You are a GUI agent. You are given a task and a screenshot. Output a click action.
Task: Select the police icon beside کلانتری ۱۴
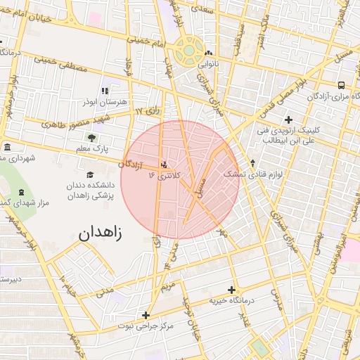click(x=165, y=164)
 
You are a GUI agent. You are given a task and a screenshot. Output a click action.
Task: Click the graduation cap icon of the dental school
click(x=89, y=175)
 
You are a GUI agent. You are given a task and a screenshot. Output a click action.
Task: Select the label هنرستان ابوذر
click(x=105, y=102)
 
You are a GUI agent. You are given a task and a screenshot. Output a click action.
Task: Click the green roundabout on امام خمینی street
click(x=189, y=50)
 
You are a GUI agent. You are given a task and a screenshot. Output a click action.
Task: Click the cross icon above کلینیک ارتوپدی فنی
click(x=288, y=120)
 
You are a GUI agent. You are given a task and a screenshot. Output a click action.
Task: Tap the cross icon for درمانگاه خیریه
click(x=231, y=290)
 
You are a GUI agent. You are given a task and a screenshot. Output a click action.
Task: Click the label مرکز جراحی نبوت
click(x=146, y=326)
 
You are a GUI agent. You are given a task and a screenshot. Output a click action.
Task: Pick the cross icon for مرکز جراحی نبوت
click(x=146, y=315)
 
